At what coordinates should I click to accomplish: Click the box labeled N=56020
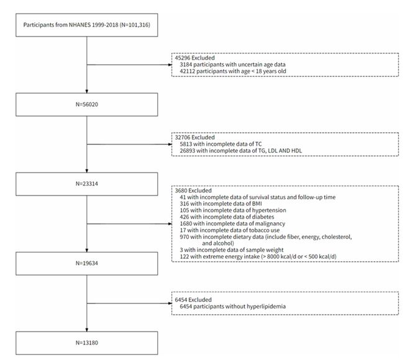(x=87, y=104)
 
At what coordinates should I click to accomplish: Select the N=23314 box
(x=87, y=184)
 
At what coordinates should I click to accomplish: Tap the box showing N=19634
(x=87, y=263)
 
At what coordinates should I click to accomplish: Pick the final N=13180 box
(x=87, y=343)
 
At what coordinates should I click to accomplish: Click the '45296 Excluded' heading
(x=195, y=58)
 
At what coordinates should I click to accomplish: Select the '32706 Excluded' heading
(x=195, y=137)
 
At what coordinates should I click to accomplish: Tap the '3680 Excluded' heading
(x=193, y=191)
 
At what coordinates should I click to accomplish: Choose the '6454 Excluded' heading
(x=193, y=300)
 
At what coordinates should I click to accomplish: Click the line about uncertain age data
(x=232, y=65)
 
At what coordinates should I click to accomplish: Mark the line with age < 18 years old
(x=233, y=71)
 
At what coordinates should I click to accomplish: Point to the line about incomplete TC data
(x=221, y=144)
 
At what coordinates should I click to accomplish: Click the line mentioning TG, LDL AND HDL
(x=240, y=150)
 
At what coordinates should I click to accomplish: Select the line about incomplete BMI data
(x=221, y=204)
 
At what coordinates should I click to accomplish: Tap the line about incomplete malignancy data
(x=232, y=223)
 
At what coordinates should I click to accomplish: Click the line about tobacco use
(x=230, y=230)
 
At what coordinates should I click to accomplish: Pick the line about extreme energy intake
(x=258, y=256)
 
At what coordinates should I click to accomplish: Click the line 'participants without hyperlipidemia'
(x=232, y=306)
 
